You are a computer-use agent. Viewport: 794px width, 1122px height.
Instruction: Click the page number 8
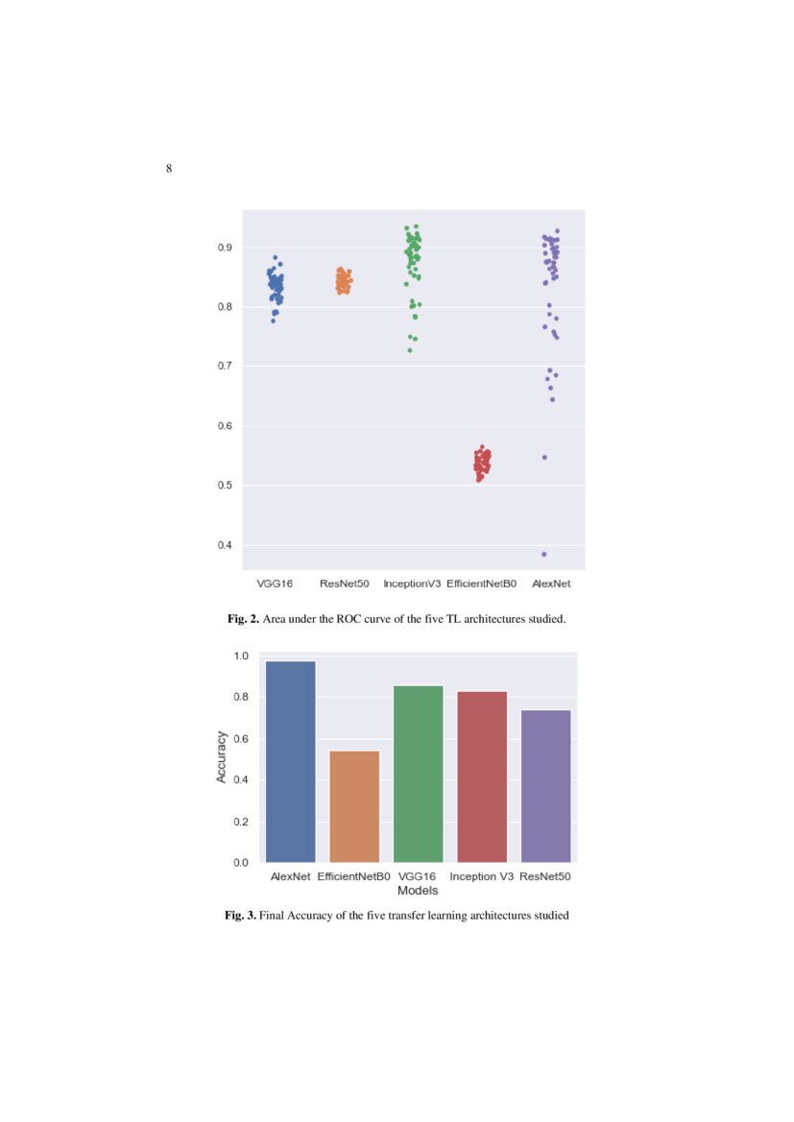coord(169,170)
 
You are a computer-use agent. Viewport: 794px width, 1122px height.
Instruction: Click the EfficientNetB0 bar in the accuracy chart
coord(353,805)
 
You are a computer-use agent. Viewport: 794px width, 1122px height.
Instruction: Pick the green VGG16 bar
coord(418,773)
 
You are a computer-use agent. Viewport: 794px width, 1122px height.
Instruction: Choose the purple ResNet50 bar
coord(545,785)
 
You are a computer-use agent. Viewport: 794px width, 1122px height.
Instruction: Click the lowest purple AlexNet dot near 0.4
coord(544,554)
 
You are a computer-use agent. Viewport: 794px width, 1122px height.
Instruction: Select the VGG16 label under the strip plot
coord(275,584)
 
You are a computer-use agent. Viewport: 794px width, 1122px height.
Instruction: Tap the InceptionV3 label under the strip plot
coord(412,584)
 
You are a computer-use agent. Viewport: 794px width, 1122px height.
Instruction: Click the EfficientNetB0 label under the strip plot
coord(482,584)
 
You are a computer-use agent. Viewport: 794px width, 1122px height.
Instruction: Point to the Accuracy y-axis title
coord(222,756)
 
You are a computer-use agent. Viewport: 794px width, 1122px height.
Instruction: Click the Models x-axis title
coord(418,891)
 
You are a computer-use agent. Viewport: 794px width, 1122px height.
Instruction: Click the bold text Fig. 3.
coord(240,916)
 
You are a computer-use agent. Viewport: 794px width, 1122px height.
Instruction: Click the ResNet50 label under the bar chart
coord(545,876)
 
